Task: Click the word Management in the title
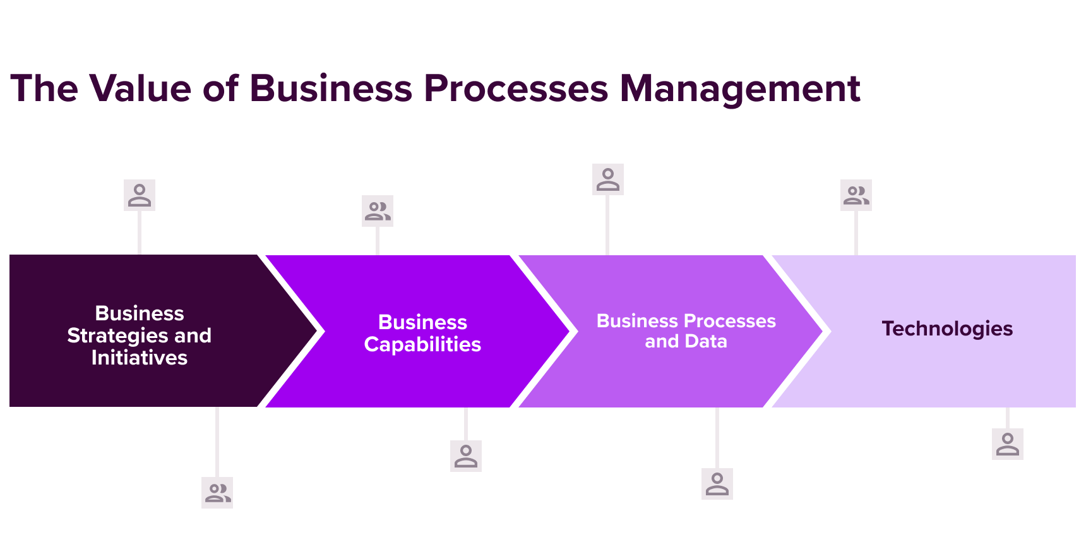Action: pyautogui.click(x=739, y=88)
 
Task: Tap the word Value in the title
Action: pyautogui.click(x=140, y=88)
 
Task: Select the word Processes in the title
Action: pyautogui.click(x=516, y=88)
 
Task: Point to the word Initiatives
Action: pyautogui.click(x=140, y=358)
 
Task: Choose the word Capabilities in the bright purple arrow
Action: pyautogui.click(x=422, y=344)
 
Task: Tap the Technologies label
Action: pyautogui.click(x=947, y=329)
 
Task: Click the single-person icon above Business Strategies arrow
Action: pyautogui.click(x=140, y=195)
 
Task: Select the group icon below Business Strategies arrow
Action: pyautogui.click(x=217, y=493)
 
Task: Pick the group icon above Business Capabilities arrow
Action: pyautogui.click(x=378, y=211)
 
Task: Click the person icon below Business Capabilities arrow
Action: pyautogui.click(x=466, y=456)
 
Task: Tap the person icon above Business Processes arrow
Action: pyautogui.click(x=608, y=179)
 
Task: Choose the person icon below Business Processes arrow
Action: pyautogui.click(x=717, y=484)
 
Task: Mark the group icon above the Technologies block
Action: pyautogui.click(x=856, y=195)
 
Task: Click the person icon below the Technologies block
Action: pyautogui.click(x=1008, y=444)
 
